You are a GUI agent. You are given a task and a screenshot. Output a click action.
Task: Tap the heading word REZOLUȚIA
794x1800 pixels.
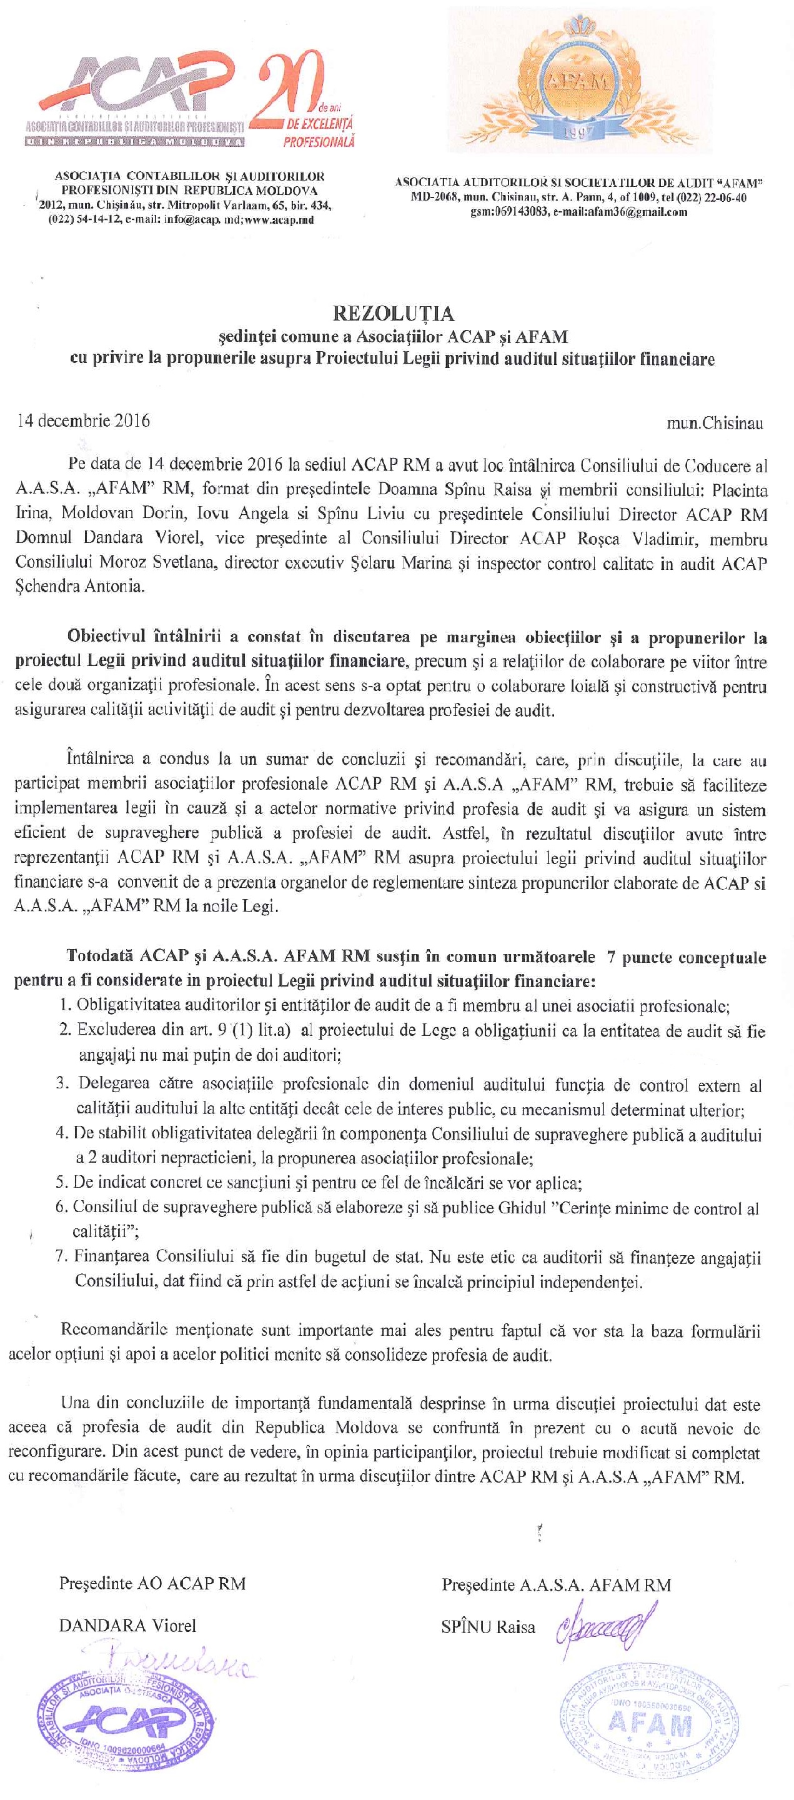point(393,314)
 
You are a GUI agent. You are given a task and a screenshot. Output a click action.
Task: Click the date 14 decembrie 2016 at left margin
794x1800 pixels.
point(83,420)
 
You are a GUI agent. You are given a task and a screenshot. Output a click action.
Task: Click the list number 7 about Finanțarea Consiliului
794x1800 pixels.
point(61,1257)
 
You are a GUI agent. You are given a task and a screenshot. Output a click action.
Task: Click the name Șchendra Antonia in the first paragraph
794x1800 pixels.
point(80,586)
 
